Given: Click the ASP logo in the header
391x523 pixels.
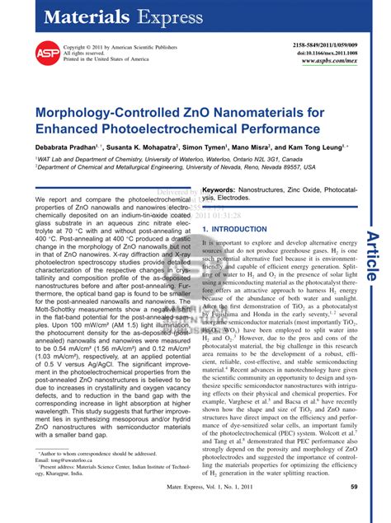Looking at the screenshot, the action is tap(47, 52).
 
